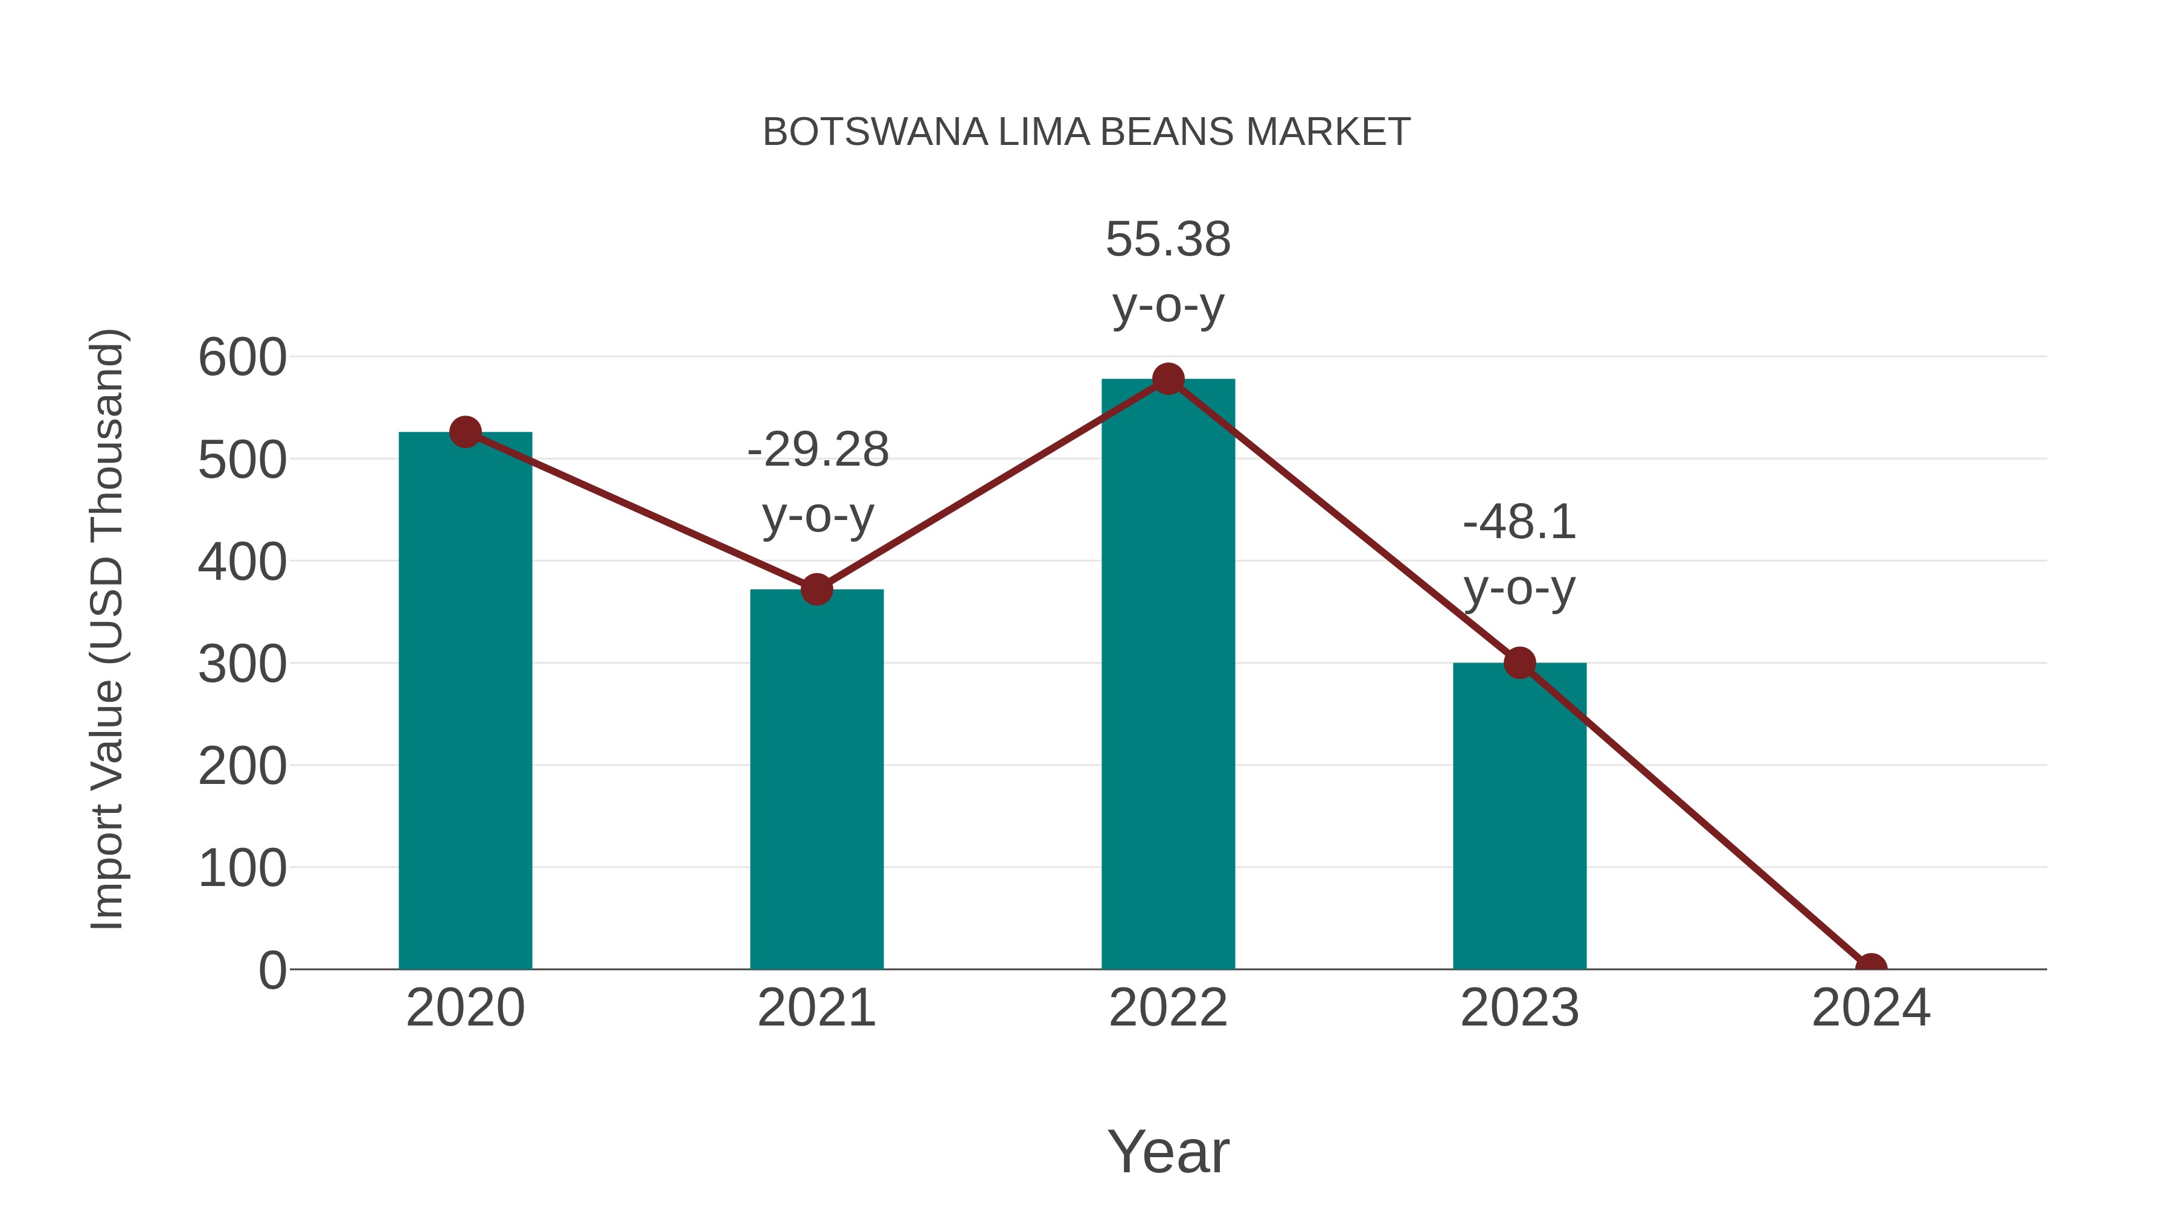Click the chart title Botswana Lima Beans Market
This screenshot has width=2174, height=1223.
pyautogui.click(x=1086, y=132)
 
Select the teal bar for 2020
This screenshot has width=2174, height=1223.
pyautogui.click(x=465, y=701)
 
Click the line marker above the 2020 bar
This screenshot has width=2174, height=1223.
pyautogui.click(x=465, y=432)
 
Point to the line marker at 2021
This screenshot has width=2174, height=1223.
pyautogui.click(x=817, y=589)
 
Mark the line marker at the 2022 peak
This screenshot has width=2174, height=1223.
pyautogui.click(x=1168, y=379)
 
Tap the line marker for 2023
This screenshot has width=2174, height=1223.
pyautogui.click(x=1519, y=663)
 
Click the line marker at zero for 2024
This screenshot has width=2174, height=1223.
pyautogui.click(x=1871, y=968)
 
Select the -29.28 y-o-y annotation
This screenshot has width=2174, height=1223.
pyautogui.click(x=818, y=482)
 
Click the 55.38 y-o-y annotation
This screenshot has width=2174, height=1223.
pyautogui.click(x=1168, y=272)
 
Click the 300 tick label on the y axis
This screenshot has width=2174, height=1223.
pyautogui.click(x=242, y=664)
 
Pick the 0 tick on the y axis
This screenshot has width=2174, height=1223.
pyautogui.click(x=272, y=971)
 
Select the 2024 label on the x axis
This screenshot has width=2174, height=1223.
pyautogui.click(x=1871, y=1008)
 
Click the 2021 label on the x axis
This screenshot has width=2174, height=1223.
pyautogui.click(x=817, y=1008)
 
